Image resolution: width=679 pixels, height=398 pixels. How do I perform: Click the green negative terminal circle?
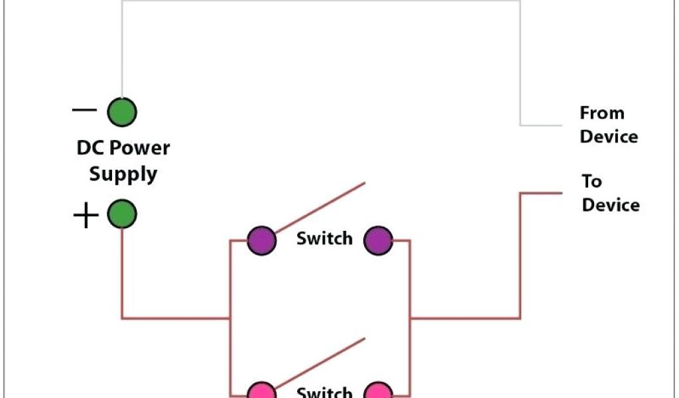pyautogui.click(x=122, y=112)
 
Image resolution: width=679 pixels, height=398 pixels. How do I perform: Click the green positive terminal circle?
pyautogui.click(x=122, y=215)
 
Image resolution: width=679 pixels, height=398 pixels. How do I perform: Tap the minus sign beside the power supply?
pyautogui.click(x=84, y=110)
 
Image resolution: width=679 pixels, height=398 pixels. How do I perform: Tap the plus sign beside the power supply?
pyautogui.click(x=86, y=216)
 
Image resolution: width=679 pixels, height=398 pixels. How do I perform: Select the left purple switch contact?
pyautogui.click(x=261, y=240)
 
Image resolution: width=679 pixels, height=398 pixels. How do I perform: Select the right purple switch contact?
pyautogui.click(x=379, y=240)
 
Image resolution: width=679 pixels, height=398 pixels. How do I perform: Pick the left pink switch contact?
pyautogui.click(x=261, y=391)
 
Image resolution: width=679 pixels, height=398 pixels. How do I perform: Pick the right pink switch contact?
pyautogui.click(x=379, y=391)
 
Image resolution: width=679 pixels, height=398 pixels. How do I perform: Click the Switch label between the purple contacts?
pyautogui.click(x=324, y=238)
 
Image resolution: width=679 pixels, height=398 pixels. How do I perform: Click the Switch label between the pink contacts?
pyautogui.click(x=324, y=392)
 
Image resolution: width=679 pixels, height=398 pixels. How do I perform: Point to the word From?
pyautogui.click(x=602, y=113)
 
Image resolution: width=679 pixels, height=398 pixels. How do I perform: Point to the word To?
pyautogui.click(x=591, y=181)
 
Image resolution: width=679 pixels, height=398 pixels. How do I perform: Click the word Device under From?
pyautogui.click(x=609, y=137)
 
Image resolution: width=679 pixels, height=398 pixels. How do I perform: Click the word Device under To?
pyautogui.click(x=611, y=204)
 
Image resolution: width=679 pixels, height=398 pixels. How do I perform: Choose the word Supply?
pyautogui.click(x=123, y=174)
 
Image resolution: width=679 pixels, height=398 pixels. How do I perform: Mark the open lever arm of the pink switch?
pyautogui.click(x=320, y=360)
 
